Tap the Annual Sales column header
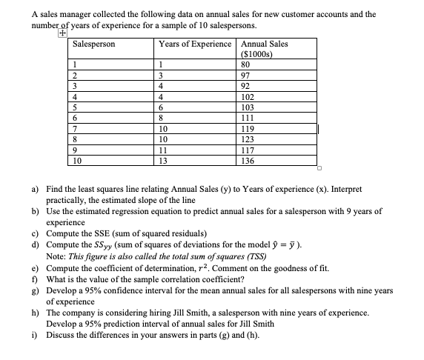point(265,44)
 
